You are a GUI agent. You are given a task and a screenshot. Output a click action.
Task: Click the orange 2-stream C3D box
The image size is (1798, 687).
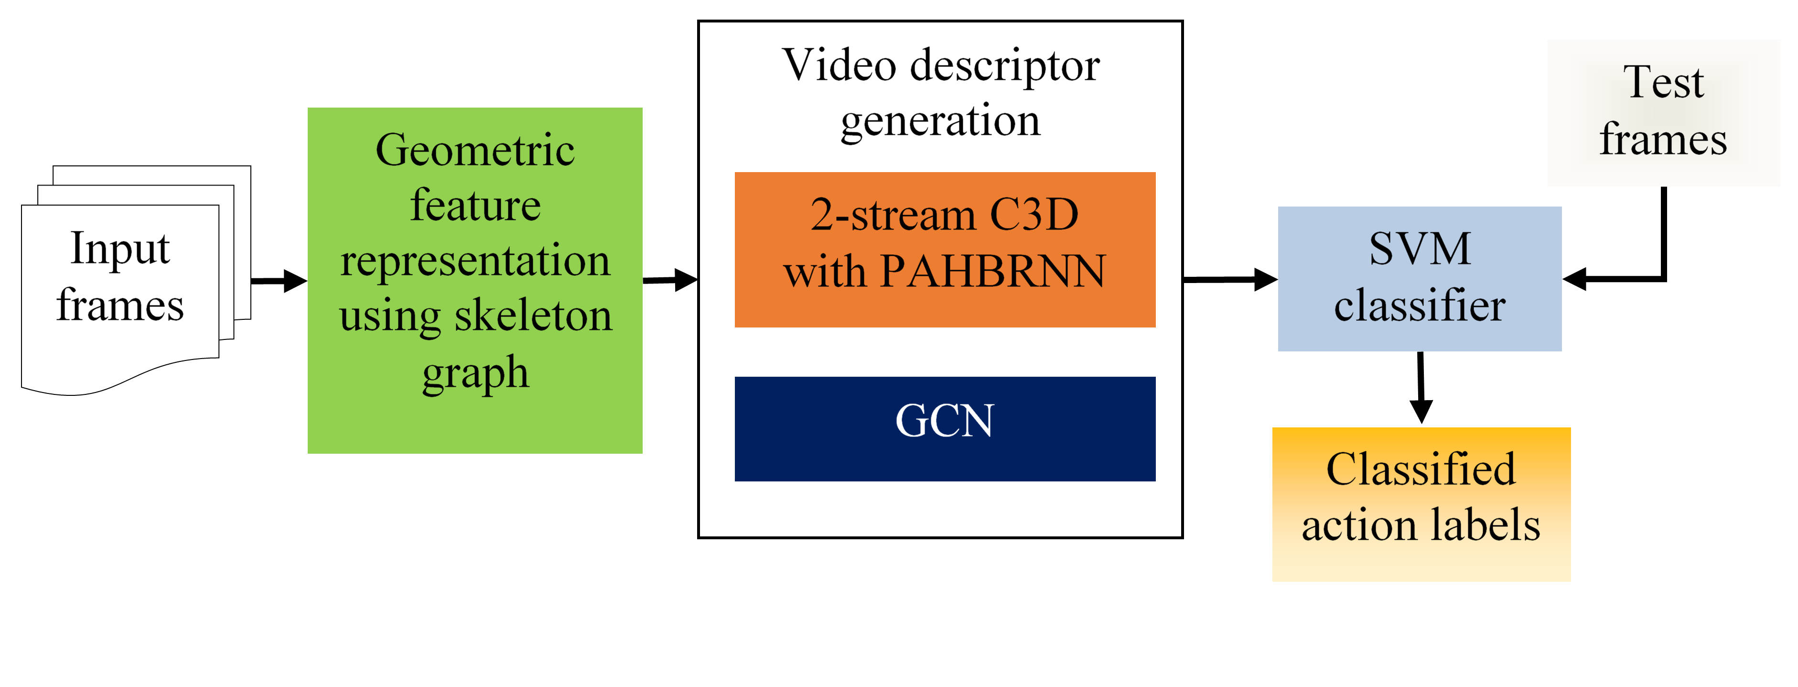point(944,249)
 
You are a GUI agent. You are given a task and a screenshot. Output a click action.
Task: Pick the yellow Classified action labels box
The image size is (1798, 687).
point(1421,504)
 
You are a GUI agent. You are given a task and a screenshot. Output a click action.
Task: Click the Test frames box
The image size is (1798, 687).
point(1663,112)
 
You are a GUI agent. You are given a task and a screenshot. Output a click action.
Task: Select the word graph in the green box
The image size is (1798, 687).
point(475,372)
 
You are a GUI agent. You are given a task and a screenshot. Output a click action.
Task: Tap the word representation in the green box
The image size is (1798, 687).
point(474,261)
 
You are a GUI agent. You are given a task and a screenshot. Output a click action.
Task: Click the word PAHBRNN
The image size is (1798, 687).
point(992,271)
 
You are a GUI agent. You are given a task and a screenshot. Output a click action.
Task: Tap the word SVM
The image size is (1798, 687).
point(1420,249)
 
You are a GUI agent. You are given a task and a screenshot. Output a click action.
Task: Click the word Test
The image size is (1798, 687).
point(1663,82)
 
